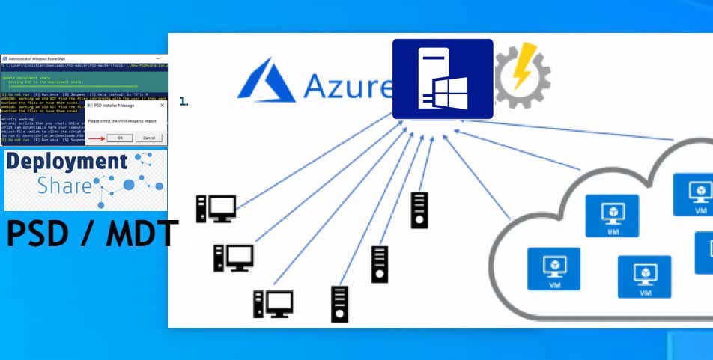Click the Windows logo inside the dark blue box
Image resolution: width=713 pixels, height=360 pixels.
[450, 93]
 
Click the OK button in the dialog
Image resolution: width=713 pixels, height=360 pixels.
[120, 138]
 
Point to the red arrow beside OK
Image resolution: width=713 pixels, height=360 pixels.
[96, 138]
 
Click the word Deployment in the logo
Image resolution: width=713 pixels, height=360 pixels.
[66, 161]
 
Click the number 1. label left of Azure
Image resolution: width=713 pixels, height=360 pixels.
[183, 101]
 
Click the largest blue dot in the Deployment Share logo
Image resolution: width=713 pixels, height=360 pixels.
[129, 184]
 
